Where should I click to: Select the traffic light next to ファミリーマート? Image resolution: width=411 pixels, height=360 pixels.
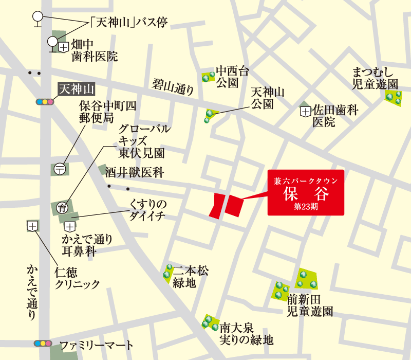coord(43,343)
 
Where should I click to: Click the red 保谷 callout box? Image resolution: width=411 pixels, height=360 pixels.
coord(305,192)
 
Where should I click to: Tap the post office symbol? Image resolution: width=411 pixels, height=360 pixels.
coord(60,169)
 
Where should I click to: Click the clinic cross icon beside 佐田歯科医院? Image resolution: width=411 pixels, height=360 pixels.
coord(306,111)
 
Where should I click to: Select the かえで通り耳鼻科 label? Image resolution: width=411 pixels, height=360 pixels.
coord(87,245)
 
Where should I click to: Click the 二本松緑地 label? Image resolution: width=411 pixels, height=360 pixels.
coord(191,276)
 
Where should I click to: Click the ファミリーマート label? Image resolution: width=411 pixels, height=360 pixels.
coord(96,345)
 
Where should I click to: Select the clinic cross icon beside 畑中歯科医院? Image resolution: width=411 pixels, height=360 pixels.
coord(63,47)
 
